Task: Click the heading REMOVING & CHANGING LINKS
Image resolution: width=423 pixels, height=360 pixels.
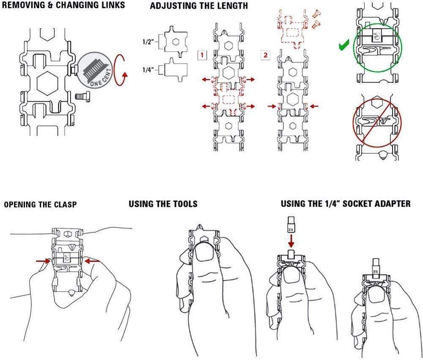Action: (63, 5)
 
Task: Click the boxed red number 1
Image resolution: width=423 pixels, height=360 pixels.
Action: (202, 55)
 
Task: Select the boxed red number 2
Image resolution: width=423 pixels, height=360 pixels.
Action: (265, 55)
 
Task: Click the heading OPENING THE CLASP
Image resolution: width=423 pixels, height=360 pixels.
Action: (40, 205)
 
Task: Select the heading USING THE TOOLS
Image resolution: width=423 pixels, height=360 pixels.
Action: (163, 204)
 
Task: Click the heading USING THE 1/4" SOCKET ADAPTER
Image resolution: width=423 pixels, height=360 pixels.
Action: (346, 204)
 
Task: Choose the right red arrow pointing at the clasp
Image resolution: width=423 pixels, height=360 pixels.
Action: (93, 261)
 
